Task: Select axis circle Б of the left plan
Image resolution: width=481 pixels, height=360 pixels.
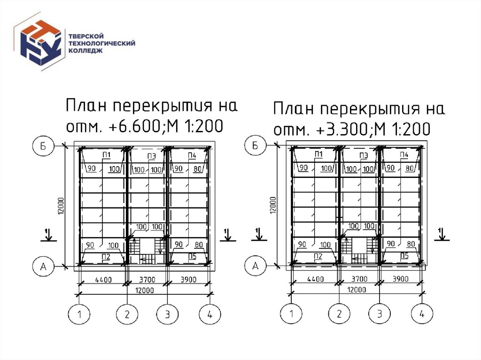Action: tap(43, 146)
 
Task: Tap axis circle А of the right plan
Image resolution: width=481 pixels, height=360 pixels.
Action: tap(256, 266)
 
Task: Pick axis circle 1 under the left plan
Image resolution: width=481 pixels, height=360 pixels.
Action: tap(80, 314)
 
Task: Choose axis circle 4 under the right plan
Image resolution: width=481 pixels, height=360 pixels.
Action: tap(422, 314)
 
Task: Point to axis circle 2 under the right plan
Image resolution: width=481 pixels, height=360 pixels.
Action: tap(338, 314)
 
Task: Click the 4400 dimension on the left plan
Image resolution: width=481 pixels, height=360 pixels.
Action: tap(103, 280)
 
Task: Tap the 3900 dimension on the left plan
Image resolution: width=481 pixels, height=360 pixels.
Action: tap(189, 280)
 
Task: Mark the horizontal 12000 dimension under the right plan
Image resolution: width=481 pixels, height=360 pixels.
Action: tap(357, 290)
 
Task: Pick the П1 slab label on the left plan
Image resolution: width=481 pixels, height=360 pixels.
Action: tap(106, 155)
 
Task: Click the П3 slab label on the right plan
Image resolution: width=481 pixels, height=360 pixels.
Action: tap(363, 155)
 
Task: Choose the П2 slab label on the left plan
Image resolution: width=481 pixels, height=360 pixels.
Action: tap(106, 256)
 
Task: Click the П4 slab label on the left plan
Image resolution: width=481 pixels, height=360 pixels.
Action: tap(192, 155)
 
